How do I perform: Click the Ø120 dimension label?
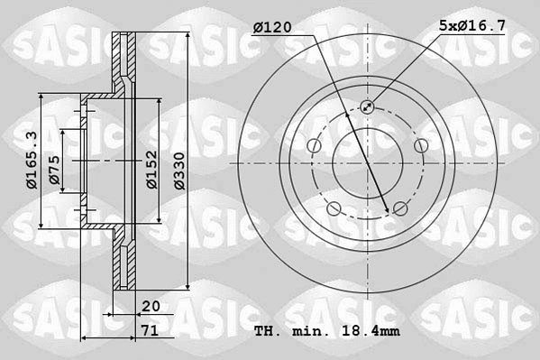[272, 28]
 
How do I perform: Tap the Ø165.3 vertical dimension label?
[32, 160]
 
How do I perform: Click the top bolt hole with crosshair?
[367, 107]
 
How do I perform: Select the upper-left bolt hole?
[315, 146]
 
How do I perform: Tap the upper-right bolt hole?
[419, 146]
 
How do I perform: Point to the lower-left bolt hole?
[334, 209]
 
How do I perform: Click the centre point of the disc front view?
[367, 163]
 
